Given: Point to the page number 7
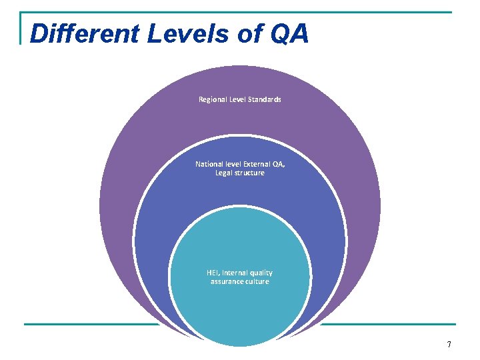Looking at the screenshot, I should [x=449, y=345].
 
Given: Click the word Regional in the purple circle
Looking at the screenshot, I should [x=213, y=99].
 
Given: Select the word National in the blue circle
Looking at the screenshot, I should [x=209, y=164].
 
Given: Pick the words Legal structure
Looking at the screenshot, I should [x=240, y=173].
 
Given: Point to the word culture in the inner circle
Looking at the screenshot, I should [x=257, y=281].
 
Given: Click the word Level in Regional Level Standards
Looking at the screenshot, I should [x=237, y=99].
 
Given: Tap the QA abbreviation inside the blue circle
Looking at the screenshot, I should [x=277, y=164].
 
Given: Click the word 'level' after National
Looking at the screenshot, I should [x=232, y=164].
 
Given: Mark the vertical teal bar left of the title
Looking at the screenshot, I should [x=21, y=28].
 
